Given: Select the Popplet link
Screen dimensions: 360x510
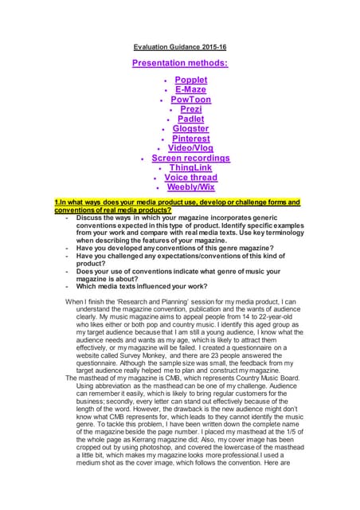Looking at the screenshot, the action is [x=191, y=80].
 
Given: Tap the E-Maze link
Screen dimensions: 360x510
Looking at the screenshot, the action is [x=191, y=90].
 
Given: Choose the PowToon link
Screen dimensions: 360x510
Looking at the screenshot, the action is [x=190, y=100].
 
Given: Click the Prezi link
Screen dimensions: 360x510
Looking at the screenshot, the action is [x=190, y=109].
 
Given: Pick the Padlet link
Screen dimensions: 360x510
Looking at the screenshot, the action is [x=190, y=119].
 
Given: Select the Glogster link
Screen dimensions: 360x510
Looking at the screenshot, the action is [x=190, y=128].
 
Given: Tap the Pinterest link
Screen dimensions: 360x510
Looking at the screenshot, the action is [x=191, y=138].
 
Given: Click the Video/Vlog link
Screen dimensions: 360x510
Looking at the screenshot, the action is [x=190, y=148].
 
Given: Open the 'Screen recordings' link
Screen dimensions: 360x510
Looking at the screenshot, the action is [x=190, y=158].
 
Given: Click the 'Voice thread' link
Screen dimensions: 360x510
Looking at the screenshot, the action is [x=190, y=177].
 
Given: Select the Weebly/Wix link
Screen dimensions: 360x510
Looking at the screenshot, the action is [x=190, y=187].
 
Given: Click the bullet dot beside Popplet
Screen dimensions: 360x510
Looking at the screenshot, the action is [x=165, y=81].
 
